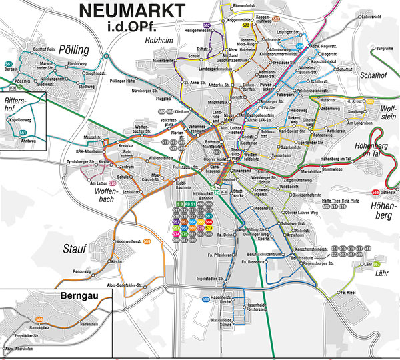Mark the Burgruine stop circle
point(371,49)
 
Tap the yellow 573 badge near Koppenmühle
point(246,25)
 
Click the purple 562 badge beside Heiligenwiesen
point(206,25)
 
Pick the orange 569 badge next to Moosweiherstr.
point(147,241)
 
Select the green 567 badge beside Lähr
point(377,257)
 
